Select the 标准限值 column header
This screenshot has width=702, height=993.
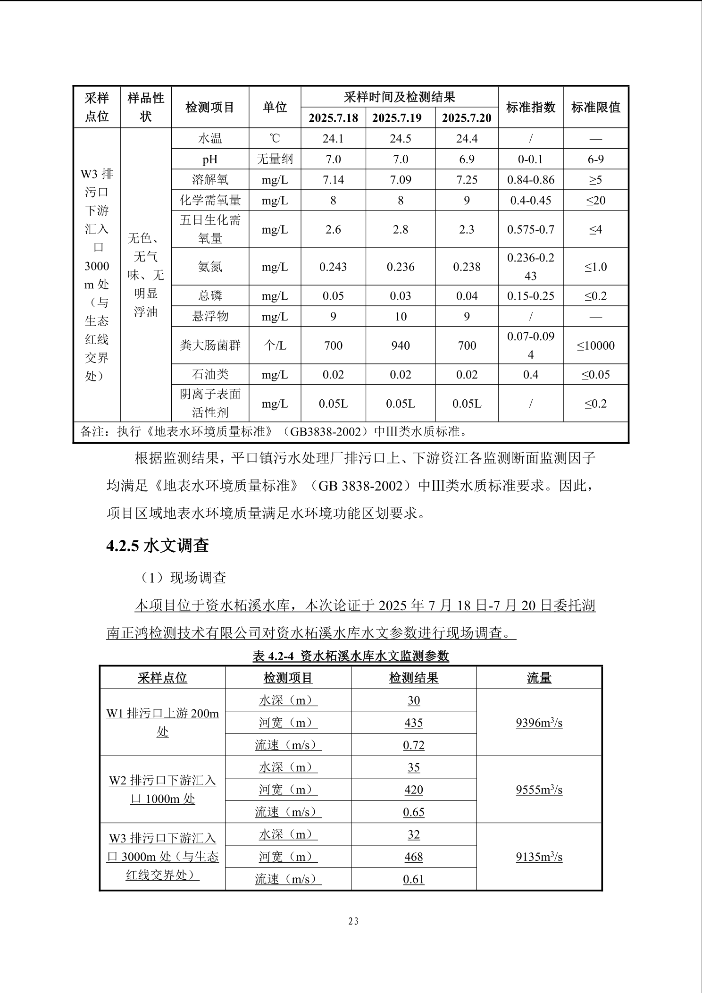595,107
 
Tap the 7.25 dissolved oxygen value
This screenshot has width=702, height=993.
467,180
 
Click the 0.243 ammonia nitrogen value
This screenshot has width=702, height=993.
333,267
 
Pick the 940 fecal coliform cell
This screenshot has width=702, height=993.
400,345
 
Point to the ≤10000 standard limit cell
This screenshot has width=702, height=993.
595,345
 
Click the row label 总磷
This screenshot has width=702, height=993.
210,296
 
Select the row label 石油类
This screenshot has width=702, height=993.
210,375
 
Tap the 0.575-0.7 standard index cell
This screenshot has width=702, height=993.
531,229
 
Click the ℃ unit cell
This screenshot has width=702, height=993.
275,139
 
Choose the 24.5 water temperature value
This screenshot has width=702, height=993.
400,139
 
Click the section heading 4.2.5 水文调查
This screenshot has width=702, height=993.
158,546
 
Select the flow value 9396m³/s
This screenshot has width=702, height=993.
539,723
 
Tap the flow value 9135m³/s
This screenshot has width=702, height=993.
539,857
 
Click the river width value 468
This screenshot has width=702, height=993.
413,857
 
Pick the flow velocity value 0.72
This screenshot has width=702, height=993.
413,745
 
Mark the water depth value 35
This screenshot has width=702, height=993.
413,767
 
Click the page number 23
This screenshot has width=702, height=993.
353,921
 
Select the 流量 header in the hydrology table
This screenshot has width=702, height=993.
539,678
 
